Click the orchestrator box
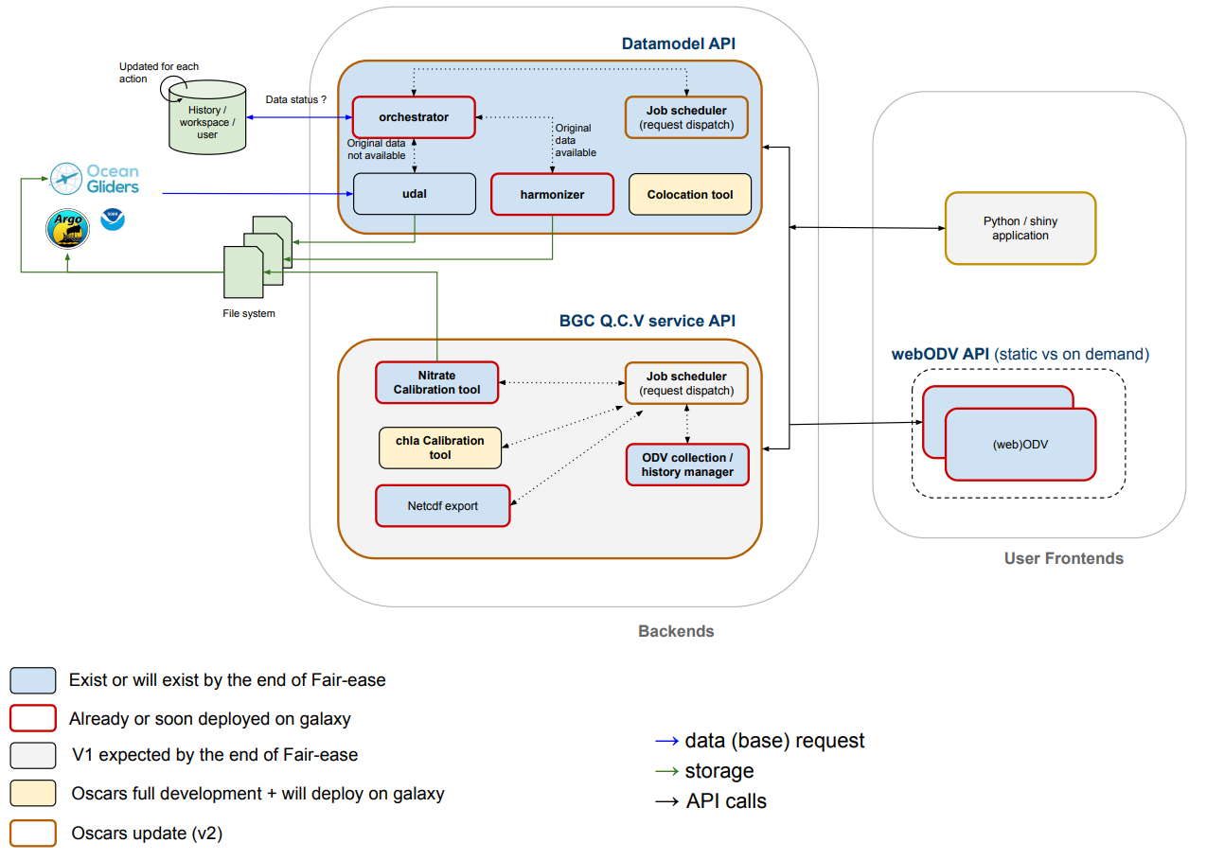click(x=414, y=117)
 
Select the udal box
click(x=414, y=194)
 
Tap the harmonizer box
click(x=552, y=194)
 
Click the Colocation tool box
click(x=690, y=194)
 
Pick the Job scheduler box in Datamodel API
click(x=686, y=118)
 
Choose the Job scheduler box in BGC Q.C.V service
click(x=686, y=383)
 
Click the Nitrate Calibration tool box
click(x=436, y=382)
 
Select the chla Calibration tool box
click(x=440, y=448)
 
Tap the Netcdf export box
click(x=443, y=506)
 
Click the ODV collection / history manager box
click(x=687, y=465)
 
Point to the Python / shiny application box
click(x=1020, y=228)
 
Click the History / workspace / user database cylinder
click(x=207, y=121)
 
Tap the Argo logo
click(x=68, y=229)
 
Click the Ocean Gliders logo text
click(x=112, y=179)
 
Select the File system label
click(x=242, y=313)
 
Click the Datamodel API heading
click(x=678, y=44)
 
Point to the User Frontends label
click(x=1063, y=558)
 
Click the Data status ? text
click(x=296, y=99)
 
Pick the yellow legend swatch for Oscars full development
click(x=32, y=794)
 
